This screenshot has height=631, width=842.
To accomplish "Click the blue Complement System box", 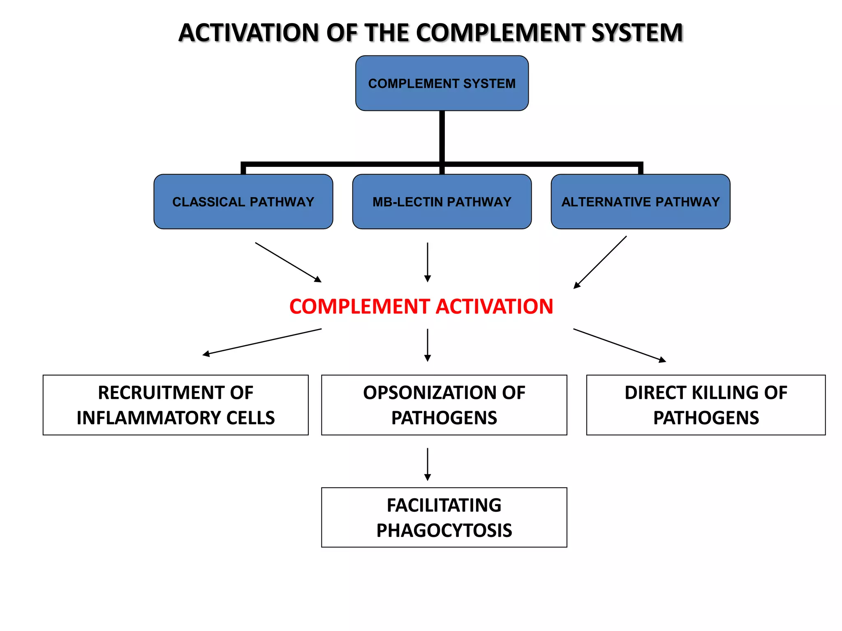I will pyautogui.click(x=442, y=83).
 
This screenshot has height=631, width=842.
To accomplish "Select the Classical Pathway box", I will pyautogui.click(x=243, y=202).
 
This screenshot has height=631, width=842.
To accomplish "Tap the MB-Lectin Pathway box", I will pyautogui.click(x=442, y=202).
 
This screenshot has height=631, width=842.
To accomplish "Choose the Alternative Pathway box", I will pyautogui.click(x=641, y=202).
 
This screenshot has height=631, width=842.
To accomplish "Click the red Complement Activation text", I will pyautogui.click(x=421, y=306).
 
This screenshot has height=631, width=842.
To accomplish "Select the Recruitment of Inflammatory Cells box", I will pyautogui.click(x=176, y=405).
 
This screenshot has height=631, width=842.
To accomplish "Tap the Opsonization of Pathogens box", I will pyautogui.click(x=444, y=405).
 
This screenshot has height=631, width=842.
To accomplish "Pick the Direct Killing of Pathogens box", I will pyautogui.click(x=706, y=405).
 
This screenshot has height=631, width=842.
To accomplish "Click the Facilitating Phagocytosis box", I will pyautogui.click(x=444, y=518).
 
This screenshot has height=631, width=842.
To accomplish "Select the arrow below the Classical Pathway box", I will pyautogui.click(x=288, y=262).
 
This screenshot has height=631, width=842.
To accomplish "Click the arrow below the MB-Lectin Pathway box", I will pyautogui.click(x=428, y=262).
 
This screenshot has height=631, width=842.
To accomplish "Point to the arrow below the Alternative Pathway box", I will pyautogui.click(x=600, y=262).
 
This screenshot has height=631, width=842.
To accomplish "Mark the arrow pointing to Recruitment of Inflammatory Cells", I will pyautogui.click(x=262, y=342).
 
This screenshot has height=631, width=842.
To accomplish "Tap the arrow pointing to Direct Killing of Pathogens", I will pyautogui.click(x=619, y=345).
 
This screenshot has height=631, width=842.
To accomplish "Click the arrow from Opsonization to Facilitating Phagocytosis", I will pyautogui.click(x=428, y=464).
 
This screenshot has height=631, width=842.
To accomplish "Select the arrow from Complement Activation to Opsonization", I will pyautogui.click(x=428, y=345).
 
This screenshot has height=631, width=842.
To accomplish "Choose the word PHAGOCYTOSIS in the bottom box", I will pyautogui.click(x=444, y=531).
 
